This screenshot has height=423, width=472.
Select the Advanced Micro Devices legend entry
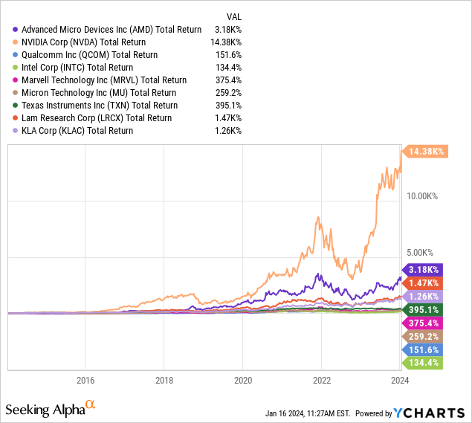click(x=107, y=30)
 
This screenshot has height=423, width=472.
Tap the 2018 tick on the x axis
click(x=164, y=379)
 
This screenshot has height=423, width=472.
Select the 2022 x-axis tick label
click(x=322, y=379)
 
